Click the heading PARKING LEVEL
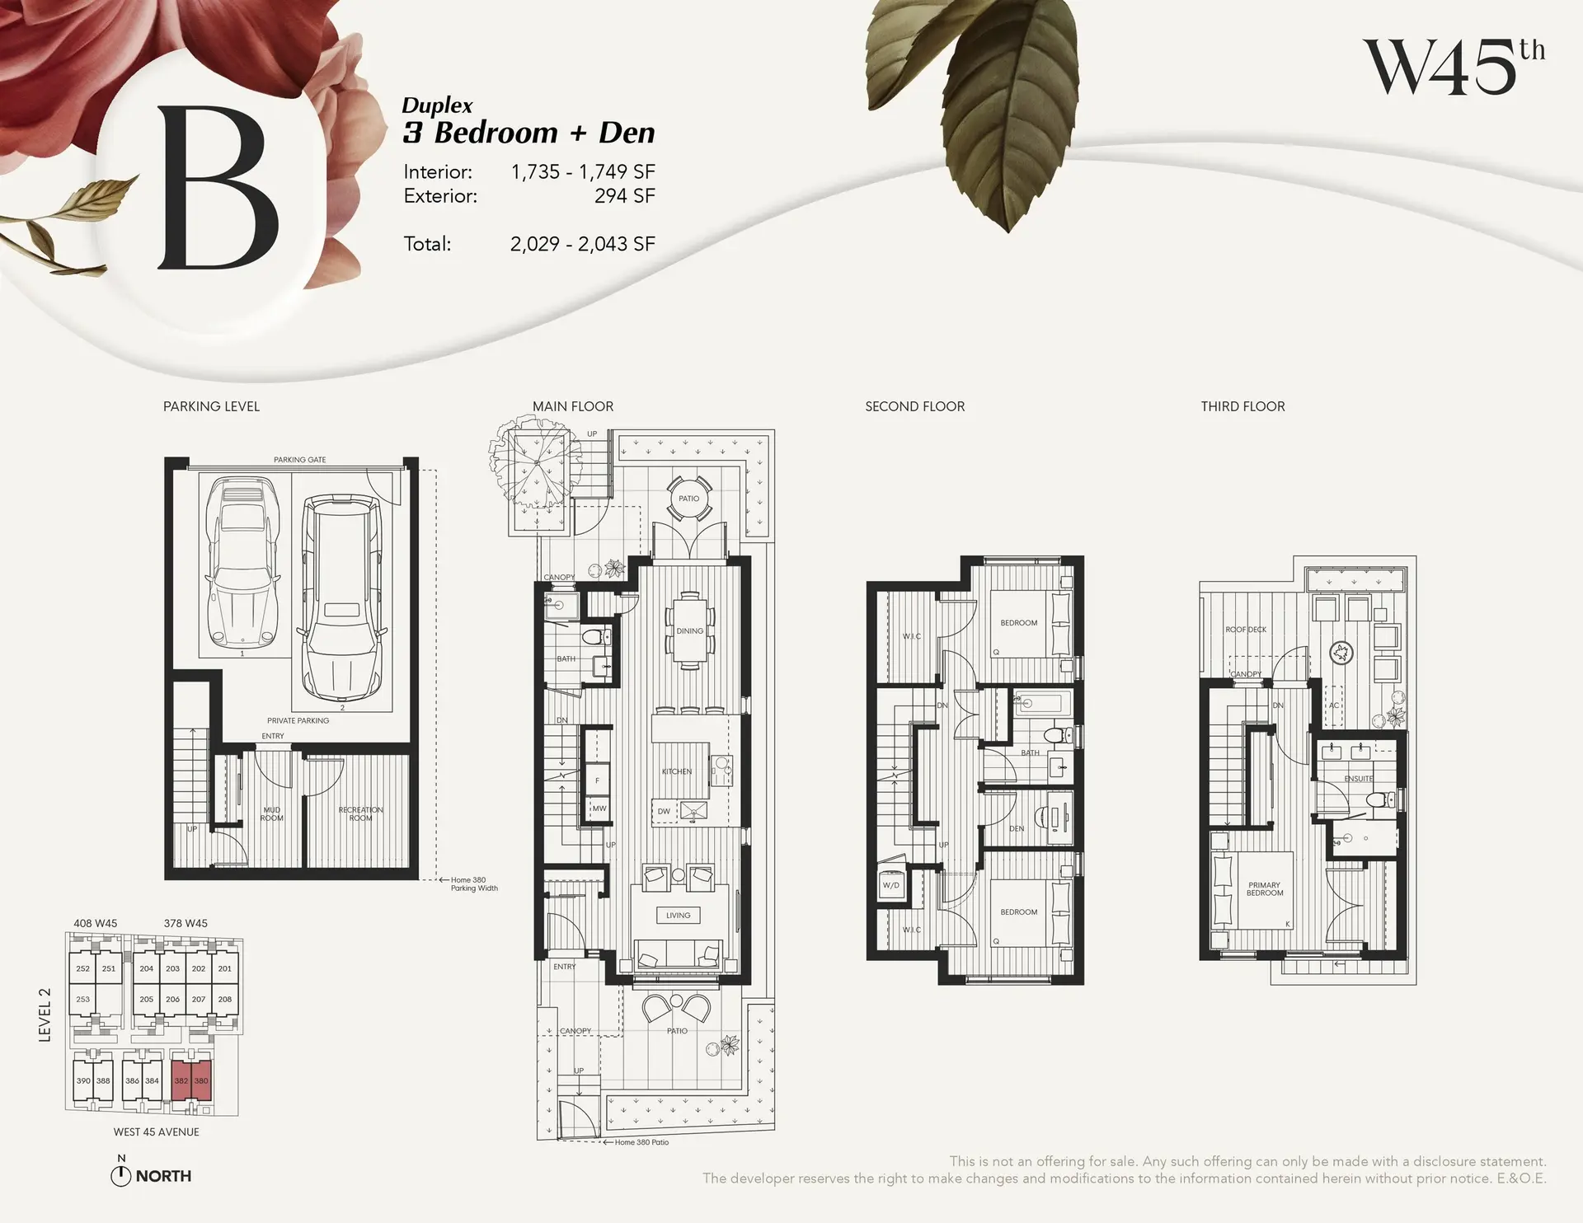[211, 406]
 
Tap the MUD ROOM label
[271, 813]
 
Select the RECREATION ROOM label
[360, 813]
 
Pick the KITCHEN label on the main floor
[677, 771]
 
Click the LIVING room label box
[678, 915]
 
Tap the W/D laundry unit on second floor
[891, 885]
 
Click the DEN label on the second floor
[1016, 828]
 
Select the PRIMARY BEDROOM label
[1264, 888]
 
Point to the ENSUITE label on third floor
[1358, 778]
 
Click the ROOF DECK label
[1245, 630]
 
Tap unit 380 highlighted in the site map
[201, 1080]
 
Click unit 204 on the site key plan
[146, 968]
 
